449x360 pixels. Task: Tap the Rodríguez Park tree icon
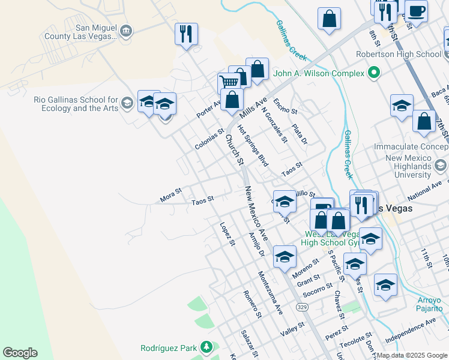click(206, 347)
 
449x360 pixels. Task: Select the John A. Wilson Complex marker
click(374, 73)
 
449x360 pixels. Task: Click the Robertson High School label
click(406, 54)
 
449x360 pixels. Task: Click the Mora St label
click(170, 194)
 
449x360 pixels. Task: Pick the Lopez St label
click(226, 235)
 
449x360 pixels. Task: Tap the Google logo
click(20, 353)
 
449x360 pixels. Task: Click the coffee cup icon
click(416, 10)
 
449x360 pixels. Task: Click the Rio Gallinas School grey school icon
click(126, 104)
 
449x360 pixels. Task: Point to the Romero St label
click(252, 304)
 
